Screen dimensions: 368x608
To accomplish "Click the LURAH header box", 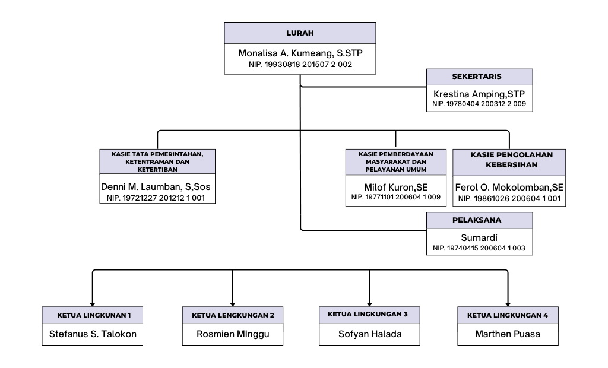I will (300, 33).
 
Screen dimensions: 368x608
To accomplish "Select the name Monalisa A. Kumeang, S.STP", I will (300, 53).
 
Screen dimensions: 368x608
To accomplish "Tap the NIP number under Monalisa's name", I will (300, 64).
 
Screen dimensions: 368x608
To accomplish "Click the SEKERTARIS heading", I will (479, 77).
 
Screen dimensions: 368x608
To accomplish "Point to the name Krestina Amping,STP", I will (479, 94).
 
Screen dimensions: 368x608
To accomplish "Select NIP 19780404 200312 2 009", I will (479, 104).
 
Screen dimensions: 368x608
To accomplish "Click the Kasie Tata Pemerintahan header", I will (157, 161).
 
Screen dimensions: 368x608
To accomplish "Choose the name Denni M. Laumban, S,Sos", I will (157, 187).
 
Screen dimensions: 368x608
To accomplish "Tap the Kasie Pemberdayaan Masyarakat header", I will (396, 161).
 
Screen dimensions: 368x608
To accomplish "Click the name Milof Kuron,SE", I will (396, 187).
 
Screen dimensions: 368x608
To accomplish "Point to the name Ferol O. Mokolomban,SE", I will (509, 187).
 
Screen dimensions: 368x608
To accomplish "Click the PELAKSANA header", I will (479, 220).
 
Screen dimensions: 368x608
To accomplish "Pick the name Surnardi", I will (479, 237).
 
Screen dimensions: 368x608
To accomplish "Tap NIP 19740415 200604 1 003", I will (479, 248).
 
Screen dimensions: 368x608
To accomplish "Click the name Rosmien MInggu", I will (233, 334).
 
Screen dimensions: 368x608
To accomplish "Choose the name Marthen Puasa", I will (508, 334).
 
